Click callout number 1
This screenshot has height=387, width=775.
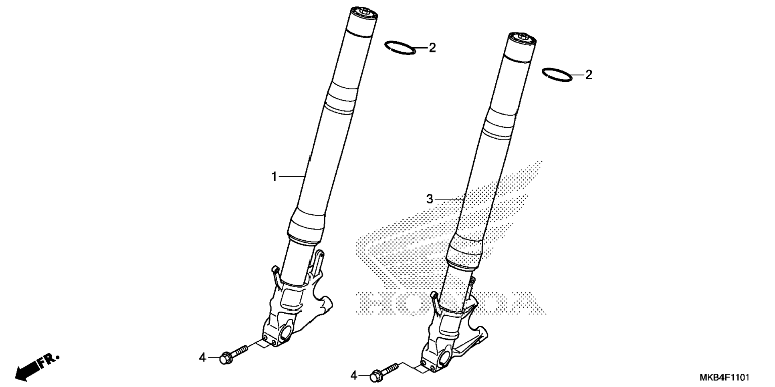click(274, 176)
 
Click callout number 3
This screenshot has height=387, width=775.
click(430, 199)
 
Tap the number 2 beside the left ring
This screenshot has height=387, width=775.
click(432, 48)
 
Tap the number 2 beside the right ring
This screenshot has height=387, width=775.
click(588, 75)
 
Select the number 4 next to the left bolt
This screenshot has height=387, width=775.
click(202, 357)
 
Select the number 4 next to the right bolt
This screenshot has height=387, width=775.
click(354, 376)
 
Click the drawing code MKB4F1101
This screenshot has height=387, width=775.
click(724, 377)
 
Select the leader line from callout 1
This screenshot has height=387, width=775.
click(291, 176)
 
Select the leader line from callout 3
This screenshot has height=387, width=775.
click(449, 199)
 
